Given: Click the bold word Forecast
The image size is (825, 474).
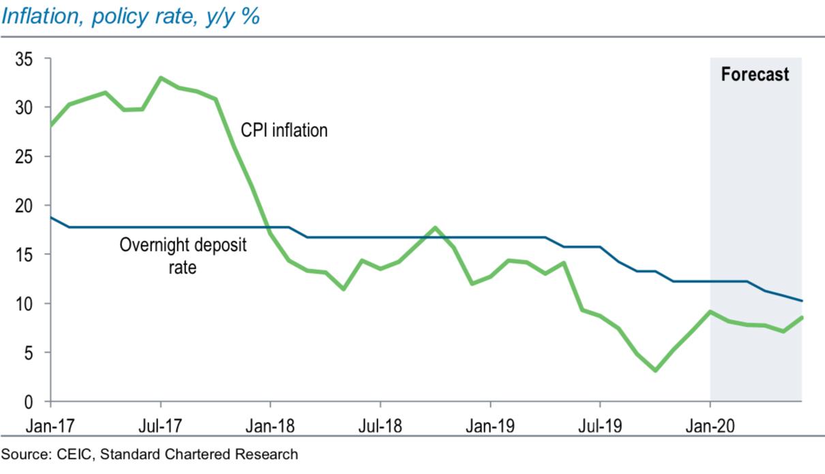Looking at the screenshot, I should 755,74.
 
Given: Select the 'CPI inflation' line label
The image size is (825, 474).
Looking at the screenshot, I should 284,130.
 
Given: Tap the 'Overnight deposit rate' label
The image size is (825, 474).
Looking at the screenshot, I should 183,256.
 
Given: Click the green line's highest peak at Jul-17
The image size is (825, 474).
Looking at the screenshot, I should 160,78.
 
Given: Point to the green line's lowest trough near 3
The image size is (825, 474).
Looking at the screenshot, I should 655,370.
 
